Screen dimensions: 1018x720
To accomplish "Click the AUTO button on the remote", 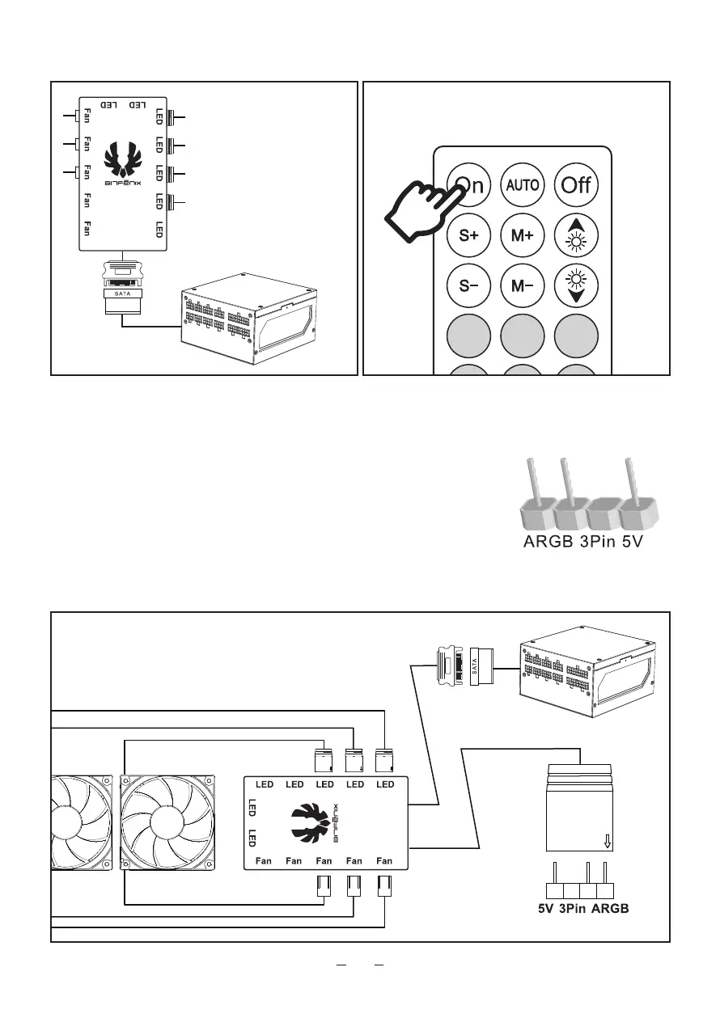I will tap(523, 185).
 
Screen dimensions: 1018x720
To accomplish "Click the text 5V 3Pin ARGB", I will tap(583, 909).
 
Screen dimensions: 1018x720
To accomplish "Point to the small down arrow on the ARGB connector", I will tap(608, 843).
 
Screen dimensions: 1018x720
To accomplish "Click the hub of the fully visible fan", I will tap(169, 823).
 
